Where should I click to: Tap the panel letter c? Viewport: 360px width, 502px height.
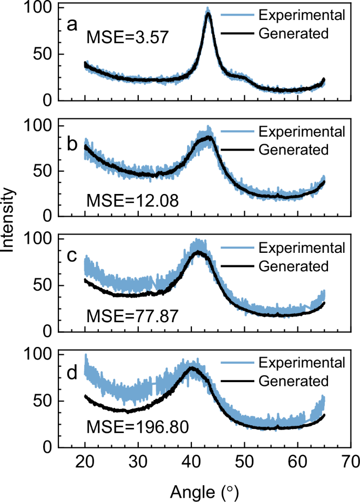coord(72,255)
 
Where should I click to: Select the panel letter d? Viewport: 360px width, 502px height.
coord(72,372)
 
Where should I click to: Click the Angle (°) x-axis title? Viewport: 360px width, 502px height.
coord(205,492)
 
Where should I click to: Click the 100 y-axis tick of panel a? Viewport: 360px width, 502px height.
coord(39,8)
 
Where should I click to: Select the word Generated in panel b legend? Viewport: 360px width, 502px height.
coord(294,149)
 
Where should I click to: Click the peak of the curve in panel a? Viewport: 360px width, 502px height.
coord(208,11)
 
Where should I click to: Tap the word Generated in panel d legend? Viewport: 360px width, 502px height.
coord(294,380)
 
